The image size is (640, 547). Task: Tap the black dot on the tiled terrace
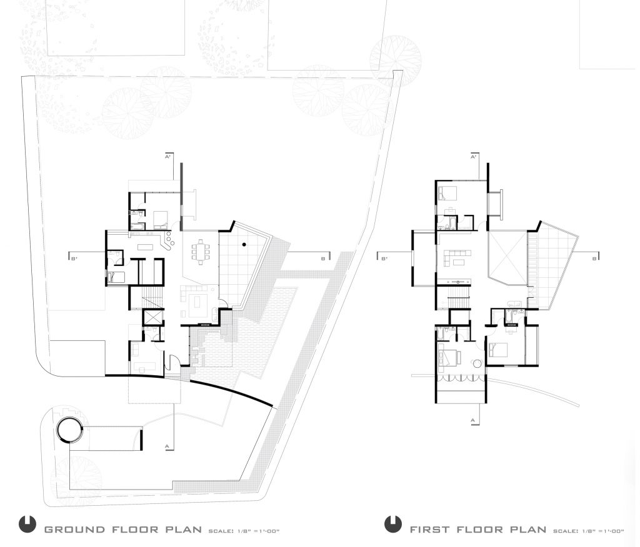pos(244,245)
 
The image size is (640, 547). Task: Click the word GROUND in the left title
pos(74,530)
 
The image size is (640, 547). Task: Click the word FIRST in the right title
pos(430,530)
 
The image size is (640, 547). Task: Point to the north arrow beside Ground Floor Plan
pos(27,524)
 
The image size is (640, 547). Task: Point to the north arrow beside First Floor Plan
pos(393,524)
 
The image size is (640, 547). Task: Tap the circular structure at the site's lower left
pos(70,429)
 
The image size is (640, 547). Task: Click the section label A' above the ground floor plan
pos(167,157)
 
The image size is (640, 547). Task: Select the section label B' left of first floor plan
pos(384,259)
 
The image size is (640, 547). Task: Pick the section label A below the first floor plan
pos(472,420)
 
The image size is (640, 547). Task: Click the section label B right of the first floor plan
pos(594,259)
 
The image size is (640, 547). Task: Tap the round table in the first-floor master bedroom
pos(477,363)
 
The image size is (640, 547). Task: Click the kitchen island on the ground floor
pos(145,247)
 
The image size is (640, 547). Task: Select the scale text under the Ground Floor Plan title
pos(244,531)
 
